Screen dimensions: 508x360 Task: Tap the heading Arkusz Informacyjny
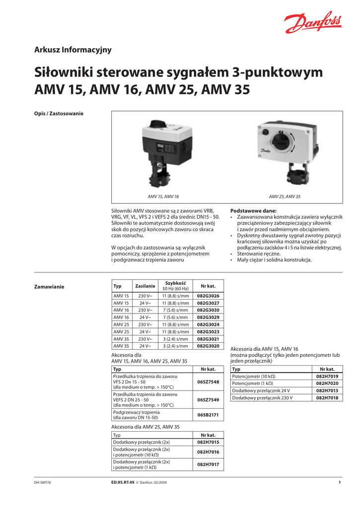[x=72, y=50]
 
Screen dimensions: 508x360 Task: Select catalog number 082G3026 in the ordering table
[x=208, y=296]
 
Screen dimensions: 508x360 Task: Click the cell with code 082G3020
[x=208, y=346]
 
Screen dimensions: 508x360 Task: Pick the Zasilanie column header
[x=145, y=286]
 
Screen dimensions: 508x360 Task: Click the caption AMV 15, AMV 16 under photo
[x=163, y=197]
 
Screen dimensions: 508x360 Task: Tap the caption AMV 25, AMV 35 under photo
[x=285, y=197]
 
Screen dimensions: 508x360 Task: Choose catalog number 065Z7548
[x=208, y=382]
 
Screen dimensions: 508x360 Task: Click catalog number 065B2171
[x=208, y=415]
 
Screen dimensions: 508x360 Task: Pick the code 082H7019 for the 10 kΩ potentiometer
[x=327, y=377]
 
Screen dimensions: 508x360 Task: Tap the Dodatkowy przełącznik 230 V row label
[x=262, y=398]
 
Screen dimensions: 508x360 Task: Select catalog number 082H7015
[x=208, y=442]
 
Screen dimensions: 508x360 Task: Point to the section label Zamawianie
[x=49, y=287]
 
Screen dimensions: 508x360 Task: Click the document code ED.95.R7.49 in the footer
[x=123, y=483]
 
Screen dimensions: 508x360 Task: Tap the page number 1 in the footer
[x=340, y=483]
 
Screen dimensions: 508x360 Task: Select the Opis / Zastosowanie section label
[x=59, y=114]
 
